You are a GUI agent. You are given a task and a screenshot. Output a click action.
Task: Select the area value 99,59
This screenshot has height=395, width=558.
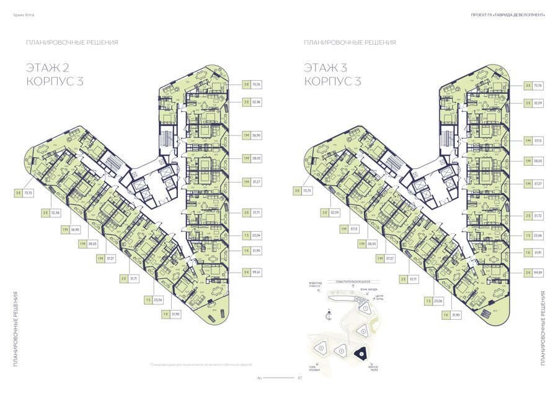537,272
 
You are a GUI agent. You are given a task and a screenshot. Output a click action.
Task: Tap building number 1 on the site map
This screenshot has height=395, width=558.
366,307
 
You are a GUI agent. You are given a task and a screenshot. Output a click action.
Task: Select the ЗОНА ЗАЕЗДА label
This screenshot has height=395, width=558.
368,289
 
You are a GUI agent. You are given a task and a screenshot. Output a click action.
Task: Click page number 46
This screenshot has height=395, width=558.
260,377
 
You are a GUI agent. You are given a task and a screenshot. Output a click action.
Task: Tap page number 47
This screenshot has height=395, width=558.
299,377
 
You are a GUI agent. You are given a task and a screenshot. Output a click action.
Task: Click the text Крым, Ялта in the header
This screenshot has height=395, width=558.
24,14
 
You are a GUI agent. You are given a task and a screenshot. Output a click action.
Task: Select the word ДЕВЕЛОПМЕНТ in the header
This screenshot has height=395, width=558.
527,14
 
